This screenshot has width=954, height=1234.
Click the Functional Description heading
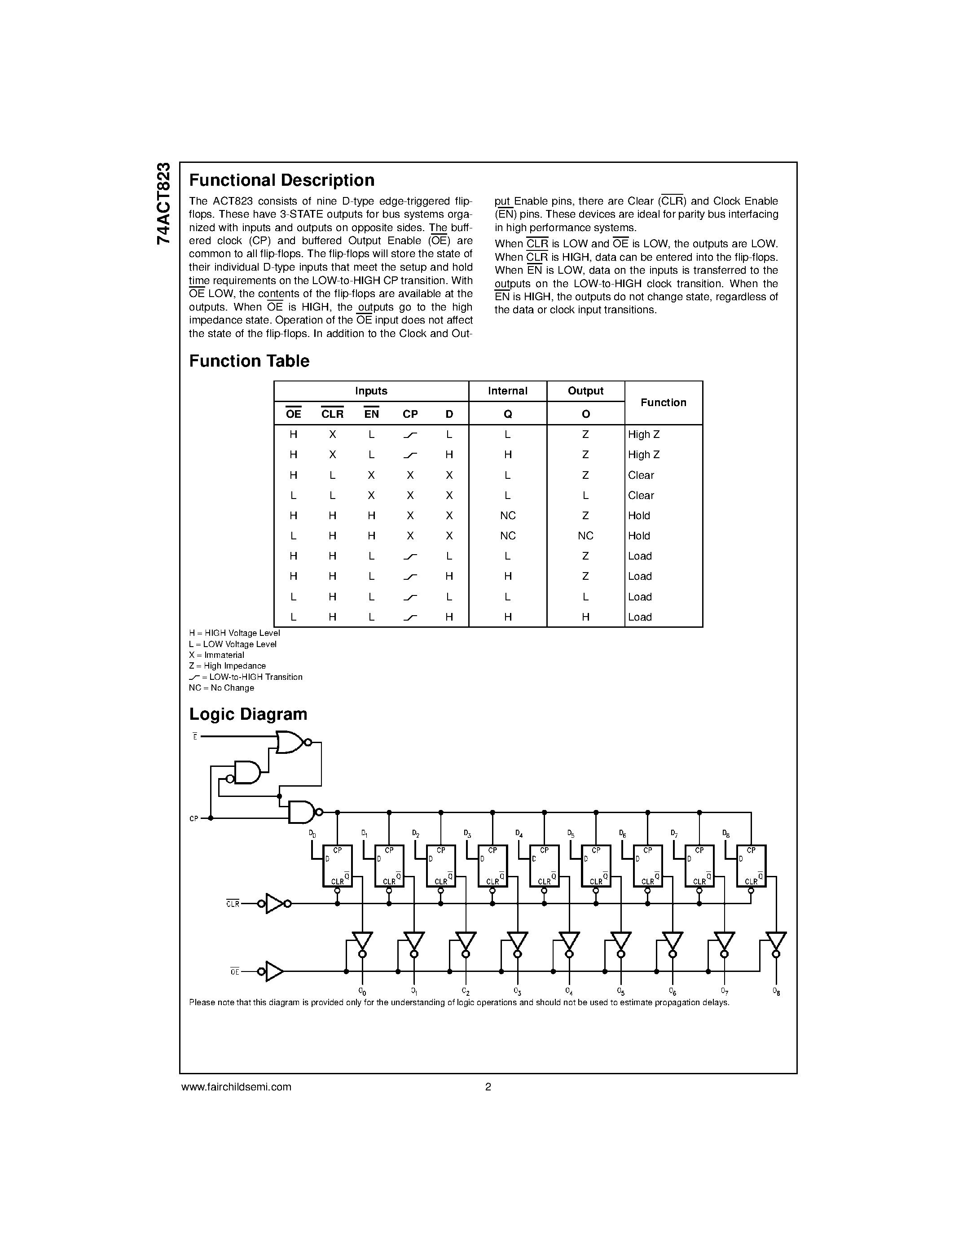pyautogui.click(x=281, y=180)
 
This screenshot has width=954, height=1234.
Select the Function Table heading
pyautogui.click(x=249, y=361)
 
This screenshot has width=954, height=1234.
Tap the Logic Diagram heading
pyautogui.click(x=248, y=714)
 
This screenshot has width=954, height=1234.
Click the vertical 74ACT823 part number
pyautogui.click(x=163, y=203)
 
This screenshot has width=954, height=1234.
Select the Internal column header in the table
pyautogui.click(x=507, y=391)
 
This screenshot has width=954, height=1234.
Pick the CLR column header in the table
pyautogui.click(x=332, y=414)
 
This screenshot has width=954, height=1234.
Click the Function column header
pyautogui.click(x=663, y=403)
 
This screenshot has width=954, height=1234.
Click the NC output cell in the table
pyautogui.click(x=585, y=536)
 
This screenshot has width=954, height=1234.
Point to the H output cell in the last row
pyautogui.click(x=585, y=617)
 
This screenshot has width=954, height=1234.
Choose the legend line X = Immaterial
pyautogui.click(x=216, y=655)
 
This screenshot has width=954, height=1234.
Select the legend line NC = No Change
pyautogui.click(x=221, y=687)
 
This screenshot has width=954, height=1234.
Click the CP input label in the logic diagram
pyautogui.click(x=194, y=818)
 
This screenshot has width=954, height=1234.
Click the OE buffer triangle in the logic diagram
pyautogui.click(x=274, y=971)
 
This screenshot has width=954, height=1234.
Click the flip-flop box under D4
pyautogui.click(x=544, y=866)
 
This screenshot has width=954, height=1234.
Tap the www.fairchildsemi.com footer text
pyautogui.click(x=236, y=1086)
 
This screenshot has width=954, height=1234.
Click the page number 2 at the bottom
pyautogui.click(x=488, y=1086)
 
